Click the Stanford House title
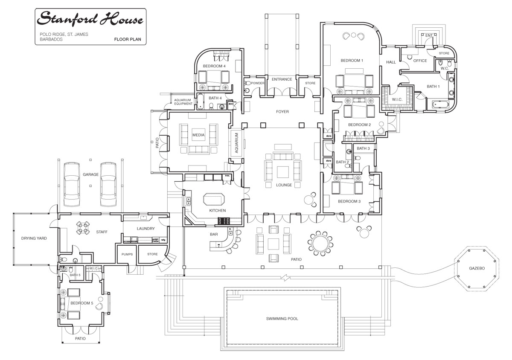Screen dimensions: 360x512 click(x=90, y=19)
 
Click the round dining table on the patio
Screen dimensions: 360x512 click(x=320, y=244)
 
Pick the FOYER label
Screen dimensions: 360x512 click(x=282, y=112)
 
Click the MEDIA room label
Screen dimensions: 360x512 click(x=198, y=135)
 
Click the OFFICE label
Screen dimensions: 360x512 click(x=420, y=61)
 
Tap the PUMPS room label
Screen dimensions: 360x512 click(x=127, y=254)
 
